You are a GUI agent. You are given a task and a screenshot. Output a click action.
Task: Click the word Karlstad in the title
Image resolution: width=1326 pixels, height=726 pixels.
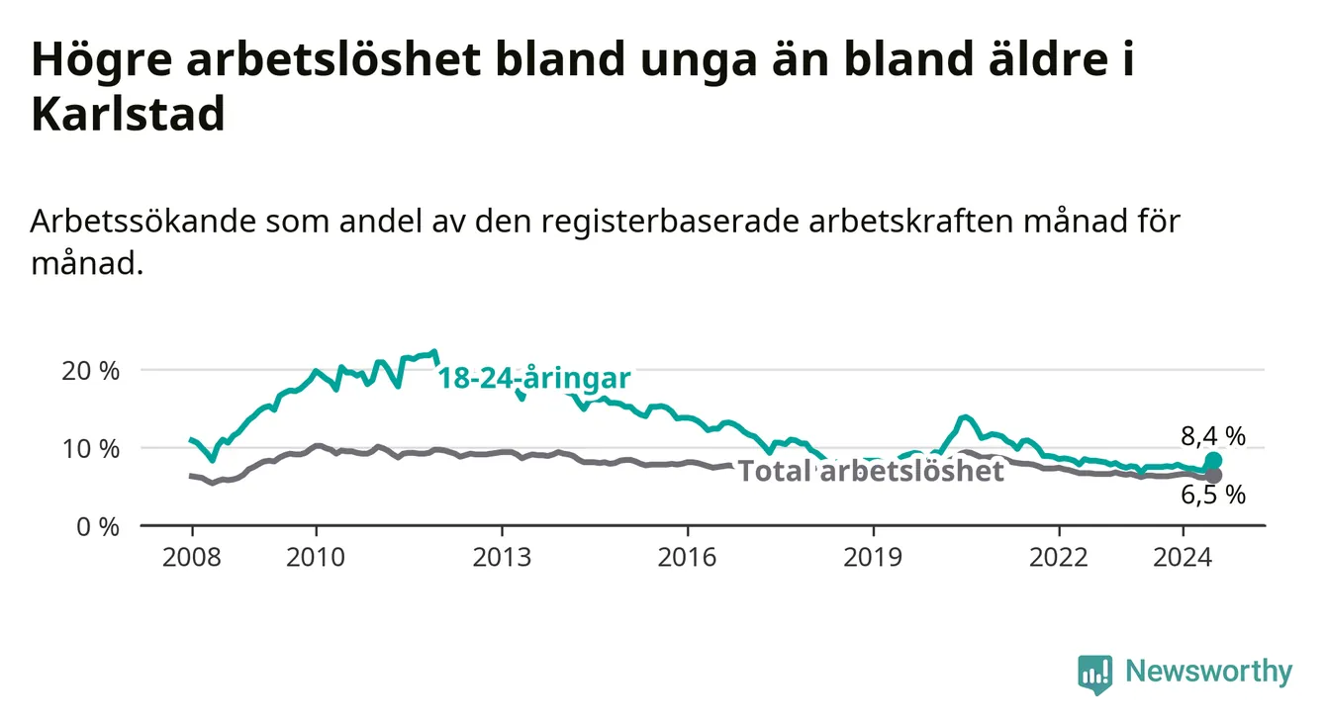(128, 114)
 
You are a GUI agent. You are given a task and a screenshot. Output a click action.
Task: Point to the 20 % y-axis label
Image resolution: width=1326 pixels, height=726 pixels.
(90, 371)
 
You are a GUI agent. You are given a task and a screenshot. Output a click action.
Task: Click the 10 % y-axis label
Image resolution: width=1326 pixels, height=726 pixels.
(90, 449)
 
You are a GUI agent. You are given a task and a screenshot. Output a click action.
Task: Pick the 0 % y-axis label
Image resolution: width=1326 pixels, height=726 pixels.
(98, 526)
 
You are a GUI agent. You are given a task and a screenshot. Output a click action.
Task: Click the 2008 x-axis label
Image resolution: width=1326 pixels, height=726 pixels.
(192, 558)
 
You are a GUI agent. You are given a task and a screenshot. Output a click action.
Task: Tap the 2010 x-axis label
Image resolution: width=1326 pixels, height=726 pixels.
(316, 558)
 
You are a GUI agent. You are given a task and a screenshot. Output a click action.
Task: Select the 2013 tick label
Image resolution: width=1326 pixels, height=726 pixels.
(502, 558)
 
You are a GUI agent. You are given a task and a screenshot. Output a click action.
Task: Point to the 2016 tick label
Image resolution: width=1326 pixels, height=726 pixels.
(688, 558)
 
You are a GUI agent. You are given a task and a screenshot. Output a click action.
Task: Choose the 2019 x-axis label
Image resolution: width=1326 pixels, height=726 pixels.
(873, 558)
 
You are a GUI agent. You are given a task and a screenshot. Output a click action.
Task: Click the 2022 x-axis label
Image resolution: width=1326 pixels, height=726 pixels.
(1059, 558)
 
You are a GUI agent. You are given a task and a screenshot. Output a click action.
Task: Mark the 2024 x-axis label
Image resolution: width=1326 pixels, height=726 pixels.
(1183, 558)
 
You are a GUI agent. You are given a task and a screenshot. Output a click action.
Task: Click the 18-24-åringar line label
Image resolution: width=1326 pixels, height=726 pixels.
(534, 378)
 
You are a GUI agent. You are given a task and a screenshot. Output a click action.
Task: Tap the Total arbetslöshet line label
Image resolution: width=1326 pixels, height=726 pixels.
(872, 471)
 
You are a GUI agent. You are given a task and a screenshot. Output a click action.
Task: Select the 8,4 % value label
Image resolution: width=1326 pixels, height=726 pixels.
(1213, 436)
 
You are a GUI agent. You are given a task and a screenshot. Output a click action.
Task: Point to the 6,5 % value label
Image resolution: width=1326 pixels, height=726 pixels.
(1213, 495)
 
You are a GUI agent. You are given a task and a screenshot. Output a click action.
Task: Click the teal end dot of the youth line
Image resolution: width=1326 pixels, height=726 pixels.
(1213, 460)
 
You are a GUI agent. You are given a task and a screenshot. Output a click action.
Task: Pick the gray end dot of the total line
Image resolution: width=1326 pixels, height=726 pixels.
(1213, 475)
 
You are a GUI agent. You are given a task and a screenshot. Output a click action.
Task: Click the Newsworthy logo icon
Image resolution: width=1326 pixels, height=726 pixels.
(1095, 675)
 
